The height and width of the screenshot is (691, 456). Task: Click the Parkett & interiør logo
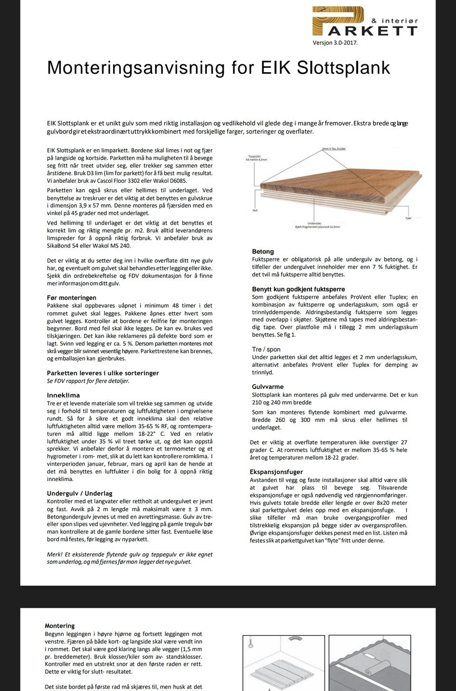tap(364, 22)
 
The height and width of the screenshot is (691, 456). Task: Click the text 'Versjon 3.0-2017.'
tap(335, 43)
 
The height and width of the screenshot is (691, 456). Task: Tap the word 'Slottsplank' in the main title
tap(343, 68)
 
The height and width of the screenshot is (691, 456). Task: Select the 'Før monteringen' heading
tap(71, 298)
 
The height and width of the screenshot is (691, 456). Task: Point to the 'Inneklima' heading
tap(63, 395)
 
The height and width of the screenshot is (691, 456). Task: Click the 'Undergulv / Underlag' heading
tap(79, 493)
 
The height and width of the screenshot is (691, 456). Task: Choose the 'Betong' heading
tap(263, 251)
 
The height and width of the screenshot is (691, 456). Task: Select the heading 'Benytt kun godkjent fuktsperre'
tap(298, 289)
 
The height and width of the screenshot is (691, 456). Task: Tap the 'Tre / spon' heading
tap(266, 350)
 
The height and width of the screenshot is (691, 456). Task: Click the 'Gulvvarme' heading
tap(267, 387)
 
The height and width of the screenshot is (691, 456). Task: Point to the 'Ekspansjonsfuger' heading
tap(276, 472)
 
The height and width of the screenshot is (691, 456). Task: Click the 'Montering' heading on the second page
tap(59, 626)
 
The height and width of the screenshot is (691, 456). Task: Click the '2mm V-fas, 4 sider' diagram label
tap(333, 149)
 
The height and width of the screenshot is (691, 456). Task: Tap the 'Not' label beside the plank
tap(255, 210)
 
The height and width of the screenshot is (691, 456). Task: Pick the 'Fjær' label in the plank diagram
tap(408, 218)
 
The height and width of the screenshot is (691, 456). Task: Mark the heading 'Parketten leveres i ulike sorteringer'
tap(103, 373)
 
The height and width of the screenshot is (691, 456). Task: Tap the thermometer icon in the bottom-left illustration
tap(249, 646)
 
